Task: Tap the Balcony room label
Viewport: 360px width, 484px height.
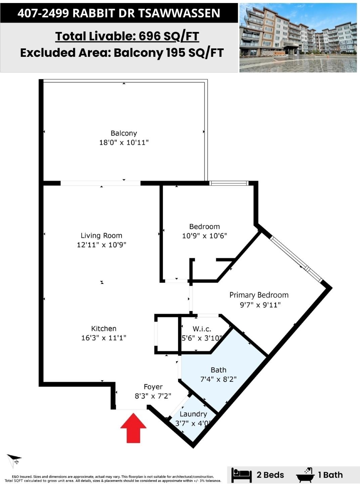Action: coord(124,133)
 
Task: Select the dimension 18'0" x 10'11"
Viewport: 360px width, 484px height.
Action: coord(124,143)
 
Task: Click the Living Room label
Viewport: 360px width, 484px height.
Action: coord(101,236)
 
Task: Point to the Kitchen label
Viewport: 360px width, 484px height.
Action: coord(103,328)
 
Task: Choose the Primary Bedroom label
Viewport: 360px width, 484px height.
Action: coord(259,295)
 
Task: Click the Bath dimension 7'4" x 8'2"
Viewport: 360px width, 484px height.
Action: coord(218,379)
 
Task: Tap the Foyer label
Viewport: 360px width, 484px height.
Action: coord(153,387)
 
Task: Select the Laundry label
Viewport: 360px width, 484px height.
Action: coord(193,414)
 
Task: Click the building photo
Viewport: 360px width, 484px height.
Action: coord(298,38)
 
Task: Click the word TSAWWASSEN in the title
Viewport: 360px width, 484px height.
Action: coord(179,13)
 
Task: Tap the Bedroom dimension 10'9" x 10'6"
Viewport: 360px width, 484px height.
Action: coord(205,236)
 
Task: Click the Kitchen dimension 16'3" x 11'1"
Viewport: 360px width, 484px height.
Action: coord(104,338)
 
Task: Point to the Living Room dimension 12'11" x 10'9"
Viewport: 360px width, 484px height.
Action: coord(102,245)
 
